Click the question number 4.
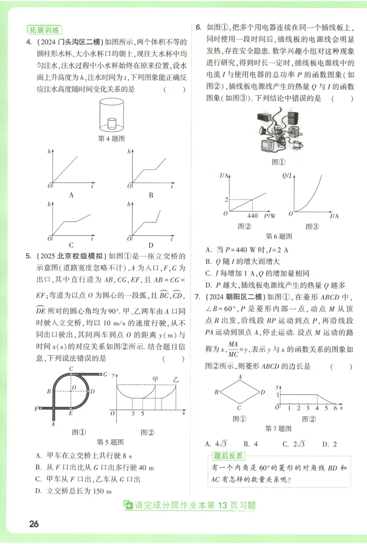coord(28,43)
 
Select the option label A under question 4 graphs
coord(71,195)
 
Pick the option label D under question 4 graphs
coord(150,245)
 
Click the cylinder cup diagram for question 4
coord(112,116)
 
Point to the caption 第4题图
coord(112,138)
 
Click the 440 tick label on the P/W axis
coord(253,215)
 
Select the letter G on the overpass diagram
coord(106,374)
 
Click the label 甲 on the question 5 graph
coord(156,379)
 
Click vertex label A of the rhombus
coord(239,377)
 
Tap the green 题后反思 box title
coord(228,456)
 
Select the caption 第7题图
coord(278,429)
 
